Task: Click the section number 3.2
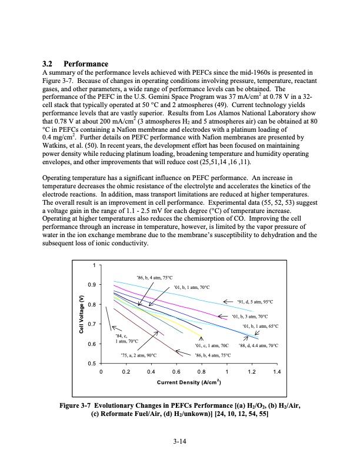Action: click(x=51, y=63)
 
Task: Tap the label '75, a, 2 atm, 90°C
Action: click(x=137, y=355)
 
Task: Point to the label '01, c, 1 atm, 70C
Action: click(x=211, y=345)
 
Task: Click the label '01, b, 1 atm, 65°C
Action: click(x=259, y=326)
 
